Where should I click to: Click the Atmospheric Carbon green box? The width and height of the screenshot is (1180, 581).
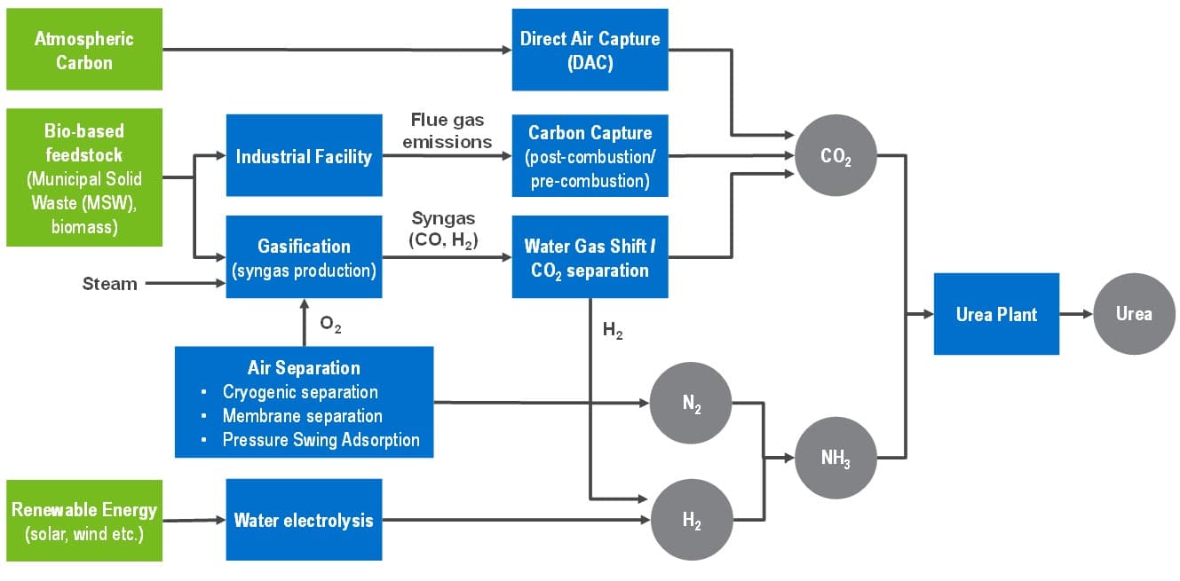pos(84,50)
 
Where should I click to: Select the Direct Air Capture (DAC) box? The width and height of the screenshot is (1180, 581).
pos(590,50)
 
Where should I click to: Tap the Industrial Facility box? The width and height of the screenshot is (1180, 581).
pos(304,156)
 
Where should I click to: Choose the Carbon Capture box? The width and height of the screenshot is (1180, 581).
pos(590,156)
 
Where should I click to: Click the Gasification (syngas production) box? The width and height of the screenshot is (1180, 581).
pos(304,257)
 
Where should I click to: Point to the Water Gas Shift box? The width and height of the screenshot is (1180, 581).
pos(590,257)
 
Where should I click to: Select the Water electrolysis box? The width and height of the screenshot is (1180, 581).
pos(304,520)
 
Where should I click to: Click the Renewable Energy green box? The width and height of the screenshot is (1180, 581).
pos(84,521)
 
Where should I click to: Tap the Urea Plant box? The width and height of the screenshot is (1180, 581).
pos(996,314)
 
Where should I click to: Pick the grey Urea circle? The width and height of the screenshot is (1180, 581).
pos(1134,314)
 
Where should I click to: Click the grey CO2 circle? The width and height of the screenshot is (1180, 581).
pos(836,156)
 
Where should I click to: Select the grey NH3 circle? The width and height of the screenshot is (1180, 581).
pos(836,458)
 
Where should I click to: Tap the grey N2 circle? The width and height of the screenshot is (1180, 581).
pos(691,404)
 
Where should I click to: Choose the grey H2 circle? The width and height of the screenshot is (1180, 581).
pos(691,520)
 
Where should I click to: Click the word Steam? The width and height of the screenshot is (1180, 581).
pos(110,284)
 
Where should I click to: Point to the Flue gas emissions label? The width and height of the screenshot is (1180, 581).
pos(447,130)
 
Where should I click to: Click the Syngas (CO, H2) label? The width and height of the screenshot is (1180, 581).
pos(445,229)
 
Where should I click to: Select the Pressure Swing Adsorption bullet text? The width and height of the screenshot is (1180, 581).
pos(321,440)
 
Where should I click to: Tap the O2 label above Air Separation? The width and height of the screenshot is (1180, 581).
pos(330,326)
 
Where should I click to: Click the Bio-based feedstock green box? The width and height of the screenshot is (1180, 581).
pos(84,177)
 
